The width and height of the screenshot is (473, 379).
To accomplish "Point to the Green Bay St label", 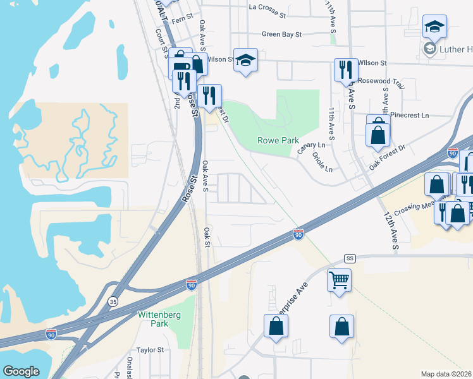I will click(x=281, y=34).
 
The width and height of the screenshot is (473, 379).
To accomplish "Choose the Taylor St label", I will click(x=150, y=349).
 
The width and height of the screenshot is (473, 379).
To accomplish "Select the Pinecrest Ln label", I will click(x=409, y=116).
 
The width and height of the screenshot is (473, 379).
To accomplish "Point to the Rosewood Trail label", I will click(x=380, y=81).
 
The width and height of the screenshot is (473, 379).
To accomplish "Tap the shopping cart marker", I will click(x=340, y=279).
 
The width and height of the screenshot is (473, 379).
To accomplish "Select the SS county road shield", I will click(x=350, y=258).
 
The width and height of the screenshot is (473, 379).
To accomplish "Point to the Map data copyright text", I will click(x=446, y=374).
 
